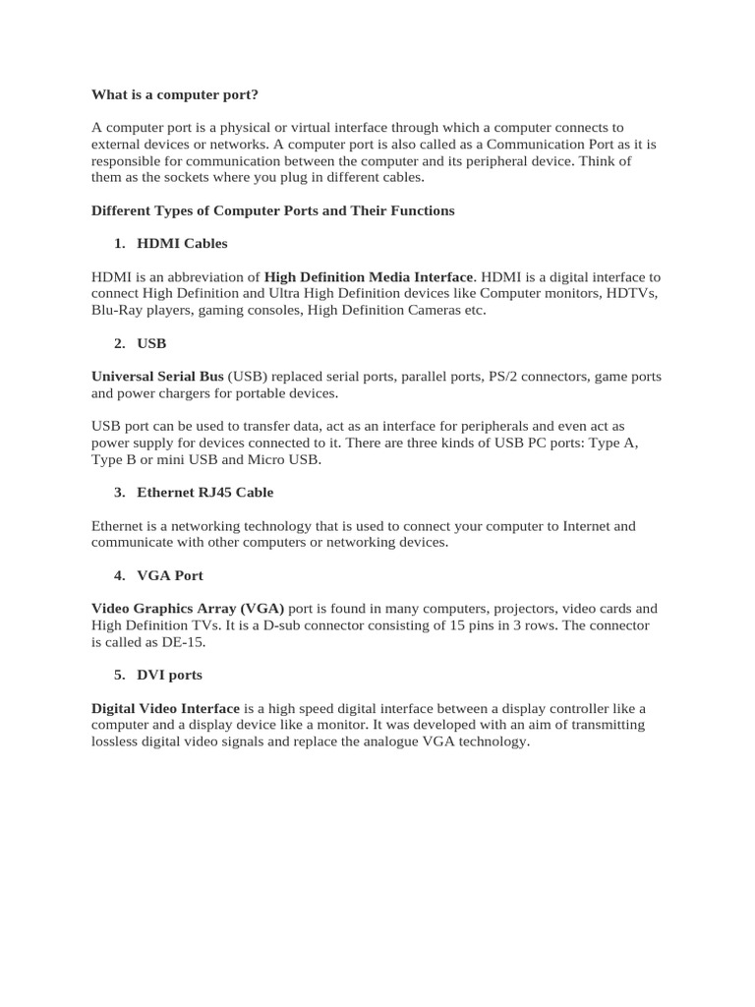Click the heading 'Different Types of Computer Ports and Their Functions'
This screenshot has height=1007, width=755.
click(x=272, y=210)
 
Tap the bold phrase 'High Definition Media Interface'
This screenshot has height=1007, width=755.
click(x=369, y=277)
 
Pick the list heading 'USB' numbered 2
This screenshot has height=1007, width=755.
click(x=151, y=343)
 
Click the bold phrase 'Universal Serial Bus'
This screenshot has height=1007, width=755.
click(x=157, y=377)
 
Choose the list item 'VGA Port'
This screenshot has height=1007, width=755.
click(x=169, y=574)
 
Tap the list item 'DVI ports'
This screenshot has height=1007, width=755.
click(x=169, y=675)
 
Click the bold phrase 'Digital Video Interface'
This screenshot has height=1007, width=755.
click(x=165, y=708)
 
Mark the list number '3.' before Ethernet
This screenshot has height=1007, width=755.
click(x=119, y=492)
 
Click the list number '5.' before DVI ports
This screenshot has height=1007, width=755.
click(x=119, y=675)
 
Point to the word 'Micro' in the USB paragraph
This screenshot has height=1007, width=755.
click(x=266, y=459)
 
